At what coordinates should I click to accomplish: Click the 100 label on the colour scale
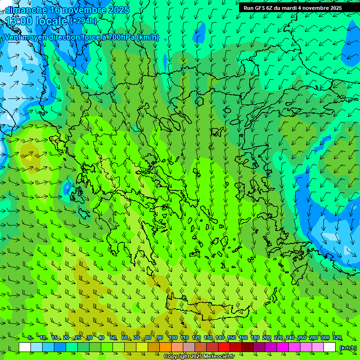(173, 337)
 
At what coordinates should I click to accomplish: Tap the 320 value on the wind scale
(337, 337)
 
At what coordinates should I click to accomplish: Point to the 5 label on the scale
(30, 337)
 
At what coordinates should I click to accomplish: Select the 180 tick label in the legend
(255, 337)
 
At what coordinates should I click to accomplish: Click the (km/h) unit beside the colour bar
(348, 347)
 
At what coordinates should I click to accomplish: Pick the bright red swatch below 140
(224, 347)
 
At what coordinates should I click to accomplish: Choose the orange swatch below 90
(165, 347)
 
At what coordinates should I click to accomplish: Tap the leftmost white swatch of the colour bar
(25, 347)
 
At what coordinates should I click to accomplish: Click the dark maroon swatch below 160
(247, 347)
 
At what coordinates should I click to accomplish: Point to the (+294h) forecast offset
(83, 21)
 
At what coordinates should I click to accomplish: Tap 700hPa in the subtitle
(121, 37)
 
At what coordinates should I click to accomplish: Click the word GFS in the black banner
(260, 8)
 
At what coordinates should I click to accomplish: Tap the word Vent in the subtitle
(13, 37)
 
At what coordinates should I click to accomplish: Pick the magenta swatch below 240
(294, 347)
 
